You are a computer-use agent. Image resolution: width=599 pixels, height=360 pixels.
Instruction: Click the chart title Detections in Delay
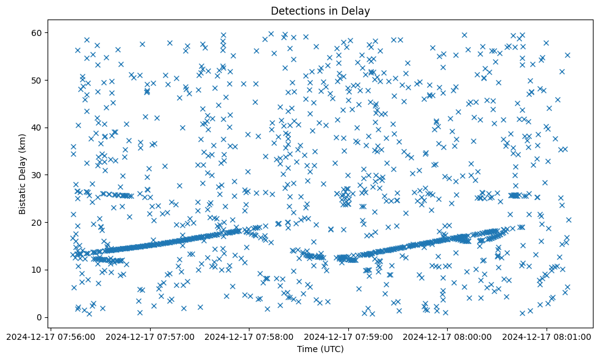point(320,11)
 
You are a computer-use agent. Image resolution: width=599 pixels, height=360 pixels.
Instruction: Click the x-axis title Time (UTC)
point(320,349)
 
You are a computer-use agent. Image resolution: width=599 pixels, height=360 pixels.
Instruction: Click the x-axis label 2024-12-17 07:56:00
point(51,336)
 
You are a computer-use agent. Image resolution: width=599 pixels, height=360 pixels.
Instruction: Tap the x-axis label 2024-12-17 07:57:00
point(150,336)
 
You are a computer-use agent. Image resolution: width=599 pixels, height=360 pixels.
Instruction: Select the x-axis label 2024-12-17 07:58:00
point(249,336)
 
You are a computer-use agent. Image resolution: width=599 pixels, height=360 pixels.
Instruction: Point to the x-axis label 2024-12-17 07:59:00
point(349,336)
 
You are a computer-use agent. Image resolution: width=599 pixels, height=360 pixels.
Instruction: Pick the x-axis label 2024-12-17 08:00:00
point(448,336)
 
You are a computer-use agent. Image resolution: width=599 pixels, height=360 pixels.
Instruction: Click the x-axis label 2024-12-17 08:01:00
point(547,336)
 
